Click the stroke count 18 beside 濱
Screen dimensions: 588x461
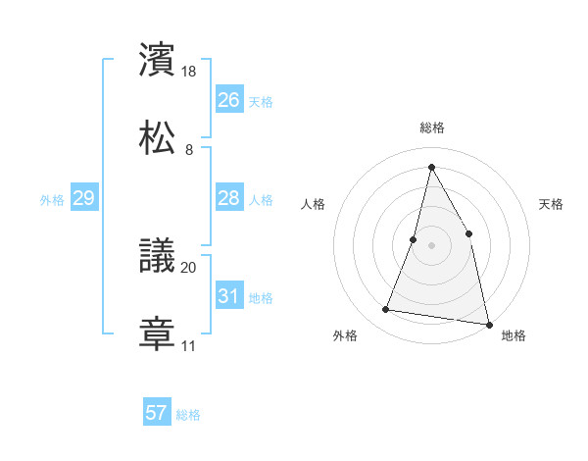pyautogui.click(x=190, y=72)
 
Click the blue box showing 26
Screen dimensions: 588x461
pyautogui.click(x=228, y=100)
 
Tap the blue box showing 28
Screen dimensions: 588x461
pyautogui.click(x=228, y=198)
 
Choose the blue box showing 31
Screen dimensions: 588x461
pyautogui.click(x=228, y=296)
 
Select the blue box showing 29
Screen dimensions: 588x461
pyautogui.click(x=83, y=198)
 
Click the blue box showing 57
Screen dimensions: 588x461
pyautogui.click(x=157, y=413)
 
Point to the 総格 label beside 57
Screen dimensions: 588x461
pyautogui.click(x=188, y=415)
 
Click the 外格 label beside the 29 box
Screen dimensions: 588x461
pyautogui.click(x=52, y=200)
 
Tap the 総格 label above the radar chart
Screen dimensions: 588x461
pyautogui.click(x=432, y=128)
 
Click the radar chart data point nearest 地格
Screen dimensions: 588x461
pyautogui.click(x=488, y=324)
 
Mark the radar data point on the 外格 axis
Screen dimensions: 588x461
pyautogui.click(x=386, y=310)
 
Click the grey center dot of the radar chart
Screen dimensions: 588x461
pyautogui.click(x=431, y=244)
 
